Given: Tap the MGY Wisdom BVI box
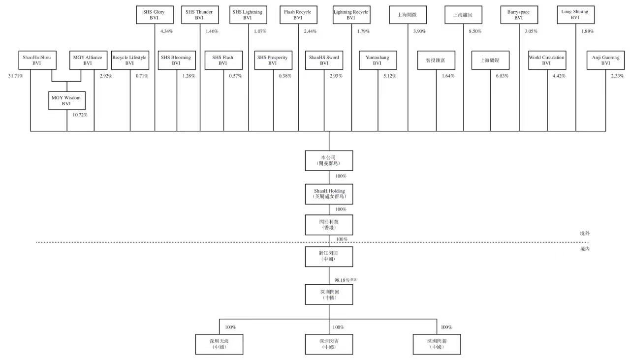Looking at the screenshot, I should point(66,100).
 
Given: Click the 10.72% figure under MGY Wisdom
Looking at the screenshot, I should point(79,115).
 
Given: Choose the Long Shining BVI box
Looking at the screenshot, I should point(575,15).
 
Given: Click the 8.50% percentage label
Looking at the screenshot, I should point(474,31).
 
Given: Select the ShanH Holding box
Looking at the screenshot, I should point(329,193).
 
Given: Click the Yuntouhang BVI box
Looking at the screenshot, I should point(377,60).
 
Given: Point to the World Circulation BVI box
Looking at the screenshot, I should point(546,60).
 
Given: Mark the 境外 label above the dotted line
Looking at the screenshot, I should point(585,234).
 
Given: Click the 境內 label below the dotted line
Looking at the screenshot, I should point(585,249).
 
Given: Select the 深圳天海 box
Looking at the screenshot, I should point(219,343).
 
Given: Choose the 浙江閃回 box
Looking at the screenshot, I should point(329,255).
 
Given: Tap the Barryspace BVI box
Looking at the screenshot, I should point(518,15).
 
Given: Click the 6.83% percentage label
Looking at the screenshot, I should point(502,76).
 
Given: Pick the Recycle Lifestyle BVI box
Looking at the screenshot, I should point(129,60).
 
